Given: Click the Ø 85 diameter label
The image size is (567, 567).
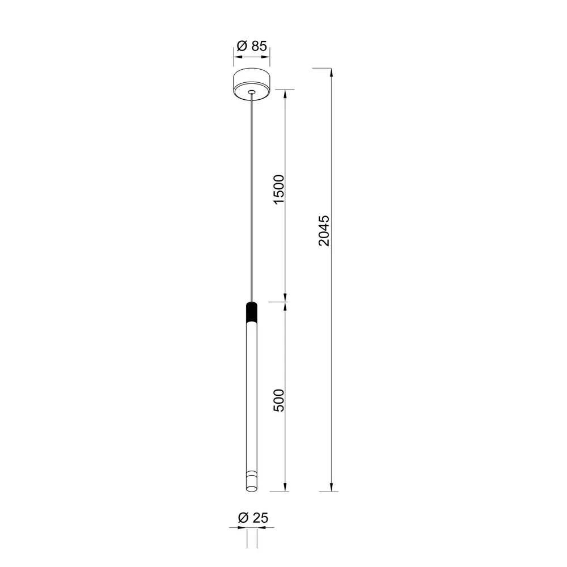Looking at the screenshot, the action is pos(252,46).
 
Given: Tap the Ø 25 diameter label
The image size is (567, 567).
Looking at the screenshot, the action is pos(253,518).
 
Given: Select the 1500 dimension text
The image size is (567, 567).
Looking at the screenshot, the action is pos(279,189).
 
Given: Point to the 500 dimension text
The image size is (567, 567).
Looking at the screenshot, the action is pos(279,400).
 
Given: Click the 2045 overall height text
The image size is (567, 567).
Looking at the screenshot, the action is pos(324,231).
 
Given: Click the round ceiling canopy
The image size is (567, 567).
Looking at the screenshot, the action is pos(252,84).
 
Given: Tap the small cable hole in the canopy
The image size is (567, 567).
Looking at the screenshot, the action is pos(252,92).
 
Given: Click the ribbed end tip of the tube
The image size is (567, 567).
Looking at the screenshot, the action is pos(252,481).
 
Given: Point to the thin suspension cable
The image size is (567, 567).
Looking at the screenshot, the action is pos(252,198).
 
